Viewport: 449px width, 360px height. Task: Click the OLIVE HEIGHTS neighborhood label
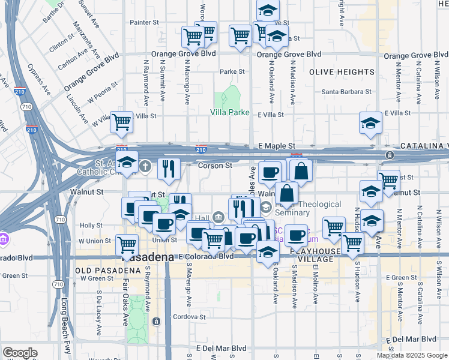click(x=342, y=72)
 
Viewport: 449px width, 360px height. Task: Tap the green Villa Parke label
click(x=229, y=112)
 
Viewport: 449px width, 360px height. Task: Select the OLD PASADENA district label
click(x=100, y=271)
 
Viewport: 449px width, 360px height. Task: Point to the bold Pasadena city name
click(x=149, y=257)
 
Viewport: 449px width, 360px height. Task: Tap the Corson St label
click(x=215, y=166)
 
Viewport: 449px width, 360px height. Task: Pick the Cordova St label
click(x=190, y=317)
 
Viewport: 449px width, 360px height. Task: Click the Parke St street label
click(x=232, y=71)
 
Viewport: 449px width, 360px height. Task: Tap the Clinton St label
click(x=62, y=44)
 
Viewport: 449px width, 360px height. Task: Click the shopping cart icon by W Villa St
click(x=121, y=122)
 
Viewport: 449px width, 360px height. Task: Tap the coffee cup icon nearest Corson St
click(x=270, y=172)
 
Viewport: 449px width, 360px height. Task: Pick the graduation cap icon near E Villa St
click(x=370, y=123)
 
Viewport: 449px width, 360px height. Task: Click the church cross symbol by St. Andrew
click(x=145, y=166)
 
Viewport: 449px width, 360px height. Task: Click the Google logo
click(x=19, y=353)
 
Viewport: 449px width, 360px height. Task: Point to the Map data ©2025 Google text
click(x=412, y=355)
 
